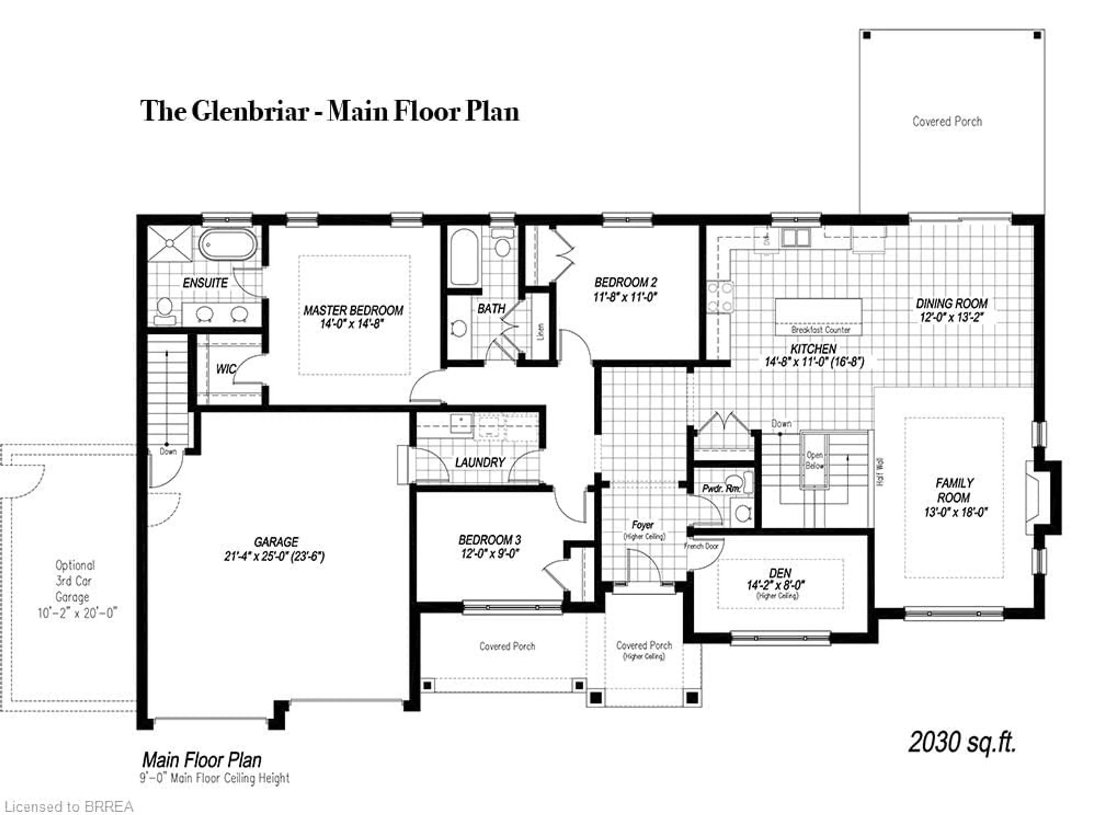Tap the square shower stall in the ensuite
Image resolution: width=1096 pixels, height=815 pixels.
click(169, 243)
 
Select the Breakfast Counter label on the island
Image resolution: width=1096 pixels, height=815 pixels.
click(820, 329)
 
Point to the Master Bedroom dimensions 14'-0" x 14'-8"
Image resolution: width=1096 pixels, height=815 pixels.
click(352, 323)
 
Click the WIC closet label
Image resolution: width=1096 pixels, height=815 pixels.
click(225, 369)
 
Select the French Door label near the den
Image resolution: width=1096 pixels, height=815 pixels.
click(701, 546)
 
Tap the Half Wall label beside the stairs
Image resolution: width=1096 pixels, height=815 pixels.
click(881, 472)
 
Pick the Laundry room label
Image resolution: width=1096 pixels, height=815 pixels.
click(480, 462)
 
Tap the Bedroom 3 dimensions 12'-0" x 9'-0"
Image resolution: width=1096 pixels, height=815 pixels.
click(489, 553)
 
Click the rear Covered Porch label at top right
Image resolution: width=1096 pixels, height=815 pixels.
click(946, 121)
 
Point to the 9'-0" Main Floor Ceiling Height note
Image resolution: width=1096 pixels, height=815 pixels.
click(214, 778)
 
